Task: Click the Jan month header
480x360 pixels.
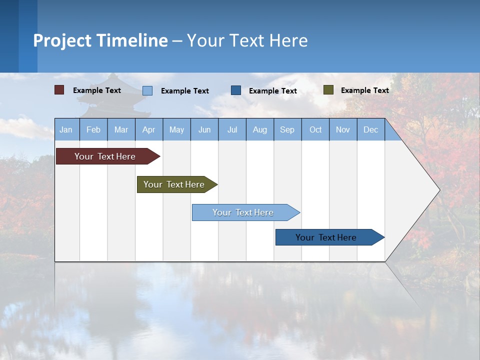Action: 66,129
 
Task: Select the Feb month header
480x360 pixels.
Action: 93,129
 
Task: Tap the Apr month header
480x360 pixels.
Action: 149,129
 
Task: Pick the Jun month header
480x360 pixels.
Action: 204,129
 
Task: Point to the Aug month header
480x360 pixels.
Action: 260,129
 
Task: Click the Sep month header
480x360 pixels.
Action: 287,129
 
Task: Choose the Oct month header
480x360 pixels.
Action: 315,129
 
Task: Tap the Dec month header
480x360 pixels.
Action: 371,129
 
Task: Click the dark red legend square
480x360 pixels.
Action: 59,90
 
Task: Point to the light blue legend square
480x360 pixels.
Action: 147,90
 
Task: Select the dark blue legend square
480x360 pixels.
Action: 236,90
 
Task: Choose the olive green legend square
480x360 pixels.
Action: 328,90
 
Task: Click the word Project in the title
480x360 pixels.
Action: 62,40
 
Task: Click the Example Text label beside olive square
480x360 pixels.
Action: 365,90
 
